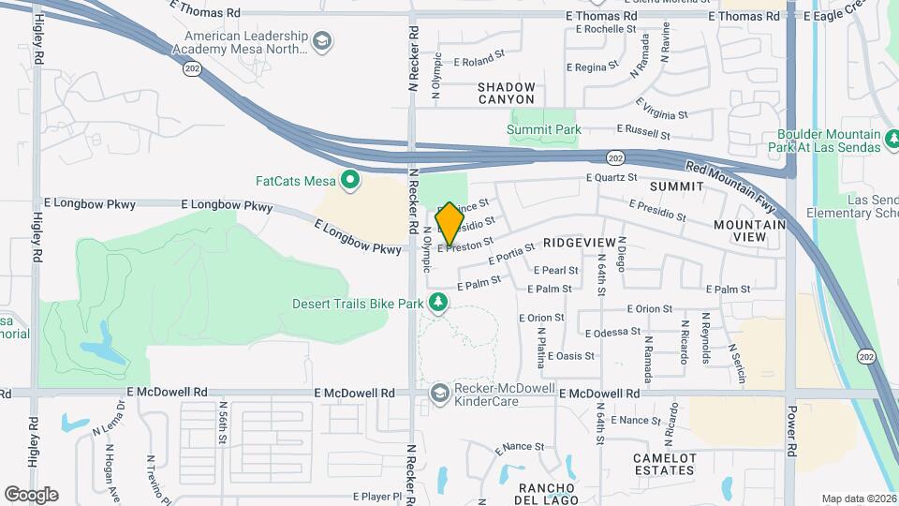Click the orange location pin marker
click(x=449, y=224)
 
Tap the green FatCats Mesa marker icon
click(x=351, y=179)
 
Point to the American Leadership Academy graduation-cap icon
click(x=321, y=41)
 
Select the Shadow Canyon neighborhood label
click(x=507, y=93)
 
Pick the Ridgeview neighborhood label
click(x=579, y=243)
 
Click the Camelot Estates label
click(x=665, y=464)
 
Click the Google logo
click(x=31, y=495)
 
